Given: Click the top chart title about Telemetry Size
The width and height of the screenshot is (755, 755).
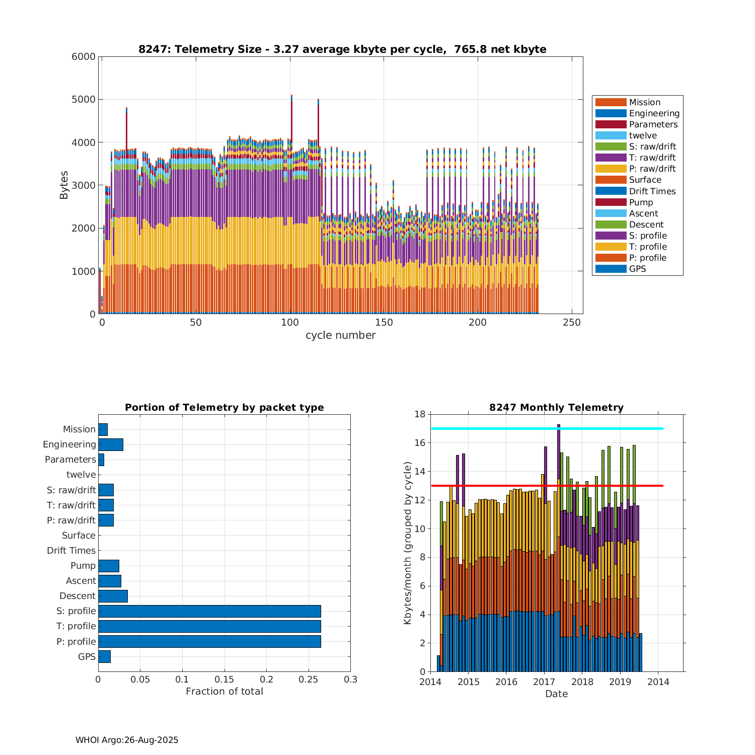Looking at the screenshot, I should point(342,49).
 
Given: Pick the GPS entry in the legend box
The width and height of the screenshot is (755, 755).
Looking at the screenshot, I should point(637,269).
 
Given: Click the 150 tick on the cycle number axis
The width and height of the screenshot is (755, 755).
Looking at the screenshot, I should point(384,323).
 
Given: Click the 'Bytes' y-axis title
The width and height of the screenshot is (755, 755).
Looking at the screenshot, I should point(64,185).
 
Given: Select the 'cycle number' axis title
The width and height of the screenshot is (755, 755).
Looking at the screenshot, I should point(340,335).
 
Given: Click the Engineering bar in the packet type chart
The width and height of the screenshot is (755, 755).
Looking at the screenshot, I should point(111,444).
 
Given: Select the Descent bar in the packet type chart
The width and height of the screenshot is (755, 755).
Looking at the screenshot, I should point(113,596).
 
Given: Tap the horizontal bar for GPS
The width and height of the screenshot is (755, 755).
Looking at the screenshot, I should point(104,656).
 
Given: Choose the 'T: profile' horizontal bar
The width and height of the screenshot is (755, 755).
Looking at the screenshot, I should point(209,626).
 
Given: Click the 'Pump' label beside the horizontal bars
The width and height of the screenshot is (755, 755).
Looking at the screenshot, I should point(83,566).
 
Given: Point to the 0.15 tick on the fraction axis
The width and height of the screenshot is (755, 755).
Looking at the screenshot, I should point(224,679).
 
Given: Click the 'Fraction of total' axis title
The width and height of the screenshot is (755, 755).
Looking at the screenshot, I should point(224,692).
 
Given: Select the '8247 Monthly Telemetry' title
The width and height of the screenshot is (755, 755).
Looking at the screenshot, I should point(556,408).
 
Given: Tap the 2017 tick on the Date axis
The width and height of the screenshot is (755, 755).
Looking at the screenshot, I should point(544,682).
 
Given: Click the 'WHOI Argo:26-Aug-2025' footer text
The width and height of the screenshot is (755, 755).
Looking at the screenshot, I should point(127,740).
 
